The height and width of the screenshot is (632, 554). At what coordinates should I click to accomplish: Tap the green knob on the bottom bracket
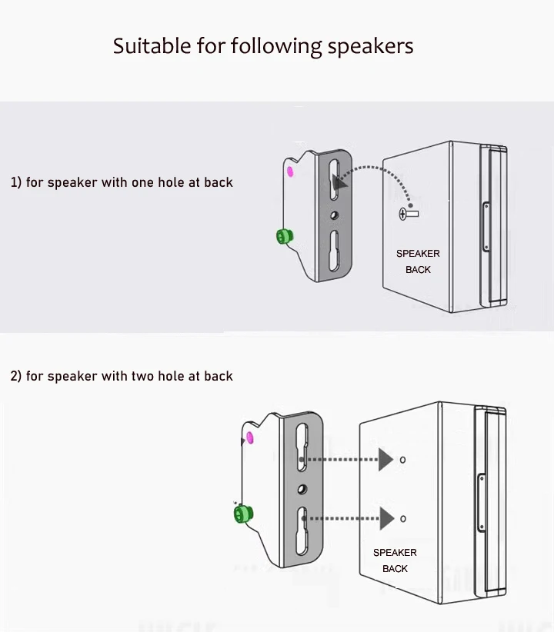(x=245, y=513)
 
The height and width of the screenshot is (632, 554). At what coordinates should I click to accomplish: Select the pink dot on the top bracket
(x=291, y=170)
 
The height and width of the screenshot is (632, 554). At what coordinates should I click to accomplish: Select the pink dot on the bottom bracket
(x=250, y=439)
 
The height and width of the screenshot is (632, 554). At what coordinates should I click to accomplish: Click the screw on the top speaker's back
(x=405, y=214)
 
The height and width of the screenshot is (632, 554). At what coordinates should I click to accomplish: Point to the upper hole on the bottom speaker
(x=402, y=460)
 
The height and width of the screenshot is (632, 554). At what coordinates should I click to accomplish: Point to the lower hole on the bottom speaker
(x=402, y=518)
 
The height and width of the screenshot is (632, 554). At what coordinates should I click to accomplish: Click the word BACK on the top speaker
(x=418, y=270)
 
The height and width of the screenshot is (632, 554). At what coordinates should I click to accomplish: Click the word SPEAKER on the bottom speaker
(x=395, y=553)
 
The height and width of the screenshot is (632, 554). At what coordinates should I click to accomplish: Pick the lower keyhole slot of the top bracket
(x=334, y=251)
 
